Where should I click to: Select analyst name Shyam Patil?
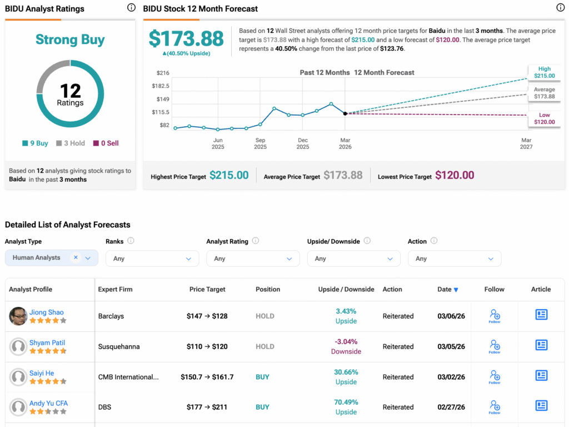47,342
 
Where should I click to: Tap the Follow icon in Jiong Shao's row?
495,315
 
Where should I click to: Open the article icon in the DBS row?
541,406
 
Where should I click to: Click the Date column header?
447,289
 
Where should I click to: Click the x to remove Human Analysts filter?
76,257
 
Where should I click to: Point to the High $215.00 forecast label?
545,72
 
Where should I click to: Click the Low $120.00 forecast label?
545,118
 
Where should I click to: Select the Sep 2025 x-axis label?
260,143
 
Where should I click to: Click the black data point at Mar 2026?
345,113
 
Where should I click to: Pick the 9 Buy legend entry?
36,143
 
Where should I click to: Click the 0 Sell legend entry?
106,143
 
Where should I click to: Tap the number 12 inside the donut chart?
71,91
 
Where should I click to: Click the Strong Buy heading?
70,39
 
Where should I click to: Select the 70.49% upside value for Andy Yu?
346,402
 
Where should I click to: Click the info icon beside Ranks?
131,241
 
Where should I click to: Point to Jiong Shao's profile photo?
18,316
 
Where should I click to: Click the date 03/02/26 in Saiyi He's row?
451,376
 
